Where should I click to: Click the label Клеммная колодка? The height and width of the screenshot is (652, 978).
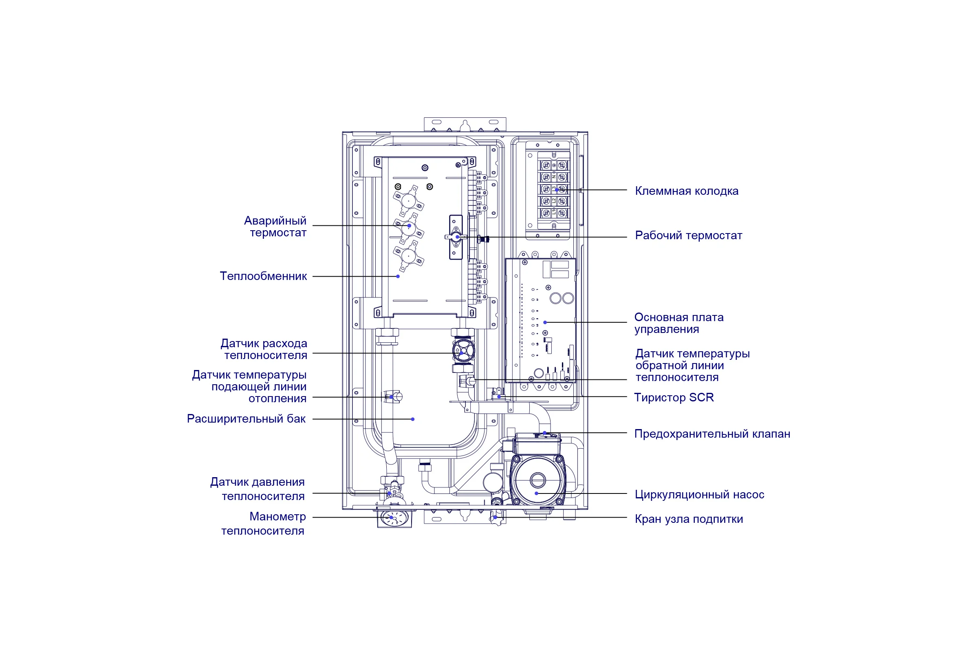tap(687, 191)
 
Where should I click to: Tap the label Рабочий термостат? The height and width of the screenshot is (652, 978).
tap(689, 236)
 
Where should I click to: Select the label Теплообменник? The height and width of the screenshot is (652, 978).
tap(263, 276)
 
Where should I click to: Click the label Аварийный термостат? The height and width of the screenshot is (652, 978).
tap(275, 227)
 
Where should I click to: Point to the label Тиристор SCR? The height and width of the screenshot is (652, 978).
tap(674, 398)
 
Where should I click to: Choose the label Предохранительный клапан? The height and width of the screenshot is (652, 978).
tap(712, 434)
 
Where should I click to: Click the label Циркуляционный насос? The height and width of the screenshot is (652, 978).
tap(699, 495)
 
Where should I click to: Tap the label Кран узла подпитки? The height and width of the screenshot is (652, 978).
tap(689, 519)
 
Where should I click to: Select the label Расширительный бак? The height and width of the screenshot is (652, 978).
tap(246, 419)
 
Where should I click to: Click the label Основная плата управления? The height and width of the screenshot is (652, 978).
tap(679, 323)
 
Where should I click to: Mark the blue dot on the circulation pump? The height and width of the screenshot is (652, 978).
tap(536, 493)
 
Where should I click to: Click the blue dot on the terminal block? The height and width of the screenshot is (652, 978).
tap(556, 190)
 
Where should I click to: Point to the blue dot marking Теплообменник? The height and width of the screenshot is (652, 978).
tap(398, 277)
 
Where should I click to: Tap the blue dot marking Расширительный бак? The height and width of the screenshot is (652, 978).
tap(412, 419)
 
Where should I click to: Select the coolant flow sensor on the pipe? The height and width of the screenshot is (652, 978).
tap(463, 352)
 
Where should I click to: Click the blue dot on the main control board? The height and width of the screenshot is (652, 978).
tap(545, 322)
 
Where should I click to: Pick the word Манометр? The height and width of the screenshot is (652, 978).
tap(278, 517)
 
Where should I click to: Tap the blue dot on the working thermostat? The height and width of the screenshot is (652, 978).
tap(457, 237)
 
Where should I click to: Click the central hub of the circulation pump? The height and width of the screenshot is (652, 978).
tap(537, 480)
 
